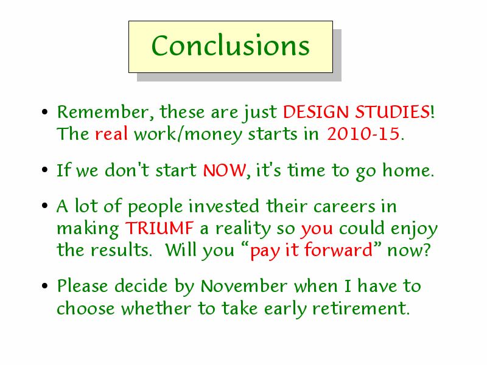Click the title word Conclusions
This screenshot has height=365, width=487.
click(x=231, y=46)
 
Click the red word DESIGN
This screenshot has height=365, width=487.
click(x=316, y=112)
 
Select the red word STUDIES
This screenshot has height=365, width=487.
click(x=393, y=112)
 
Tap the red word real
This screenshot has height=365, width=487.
click(x=111, y=134)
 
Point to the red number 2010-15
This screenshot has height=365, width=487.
click(x=363, y=134)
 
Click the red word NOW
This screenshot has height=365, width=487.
click(x=225, y=170)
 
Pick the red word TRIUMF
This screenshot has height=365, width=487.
click(x=159, y=228)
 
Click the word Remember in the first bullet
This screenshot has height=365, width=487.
click(x=103, y=112)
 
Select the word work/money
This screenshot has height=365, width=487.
click(x=188, y=134)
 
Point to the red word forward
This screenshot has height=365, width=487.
click(x=338, y=250)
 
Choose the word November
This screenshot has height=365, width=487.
click(x=244, y=286)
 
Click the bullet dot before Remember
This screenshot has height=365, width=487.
click(x=44, y=112)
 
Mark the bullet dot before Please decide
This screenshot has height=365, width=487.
click(x=44, y=286)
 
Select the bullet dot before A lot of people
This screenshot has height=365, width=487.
click(x=44, y=206)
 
